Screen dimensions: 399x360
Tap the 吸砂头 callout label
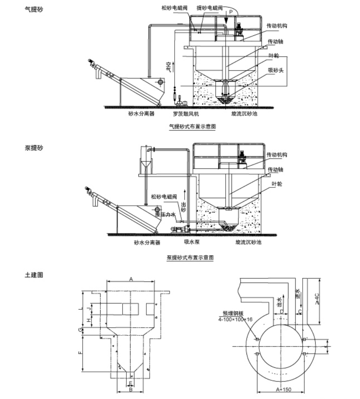coord(275,71)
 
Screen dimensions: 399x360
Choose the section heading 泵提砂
coord(35,148)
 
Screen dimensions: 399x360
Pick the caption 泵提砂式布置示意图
coord(190,258)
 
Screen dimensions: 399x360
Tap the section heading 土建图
coord(35,275)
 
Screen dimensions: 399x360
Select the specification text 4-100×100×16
coord(235,319)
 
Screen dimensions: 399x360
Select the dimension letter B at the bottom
coord(130,390)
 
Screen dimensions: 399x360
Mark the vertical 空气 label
coord(168,66)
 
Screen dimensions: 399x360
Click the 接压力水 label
coord(167,215)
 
